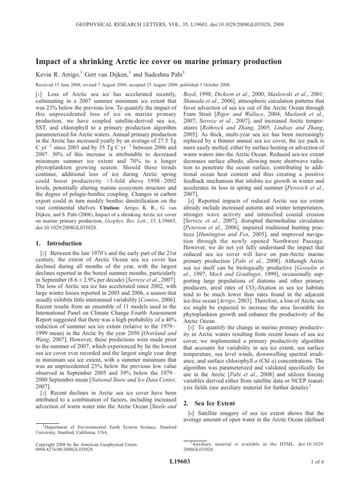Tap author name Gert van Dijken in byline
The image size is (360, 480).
100,75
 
